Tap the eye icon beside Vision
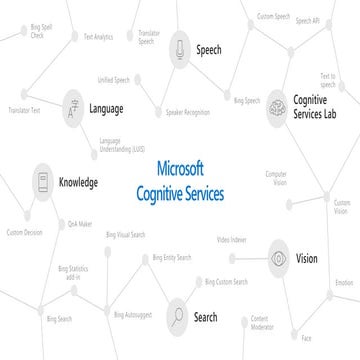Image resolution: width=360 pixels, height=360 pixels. coord(279,259)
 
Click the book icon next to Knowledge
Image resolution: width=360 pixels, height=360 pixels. coord(43,183)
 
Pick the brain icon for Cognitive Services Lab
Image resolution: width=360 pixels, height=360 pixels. coord(276,107)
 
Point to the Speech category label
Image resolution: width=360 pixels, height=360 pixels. coord(209,47)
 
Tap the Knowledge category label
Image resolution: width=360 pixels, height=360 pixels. coord(78,183)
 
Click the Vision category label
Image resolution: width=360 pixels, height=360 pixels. coord(307,259)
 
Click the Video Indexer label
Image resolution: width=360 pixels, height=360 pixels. coord(232,240)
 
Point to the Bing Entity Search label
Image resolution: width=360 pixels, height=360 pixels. coord(172,258)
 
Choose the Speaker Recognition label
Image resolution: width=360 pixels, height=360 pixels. coord(187,113)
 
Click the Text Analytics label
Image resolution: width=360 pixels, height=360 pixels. coord(99,36)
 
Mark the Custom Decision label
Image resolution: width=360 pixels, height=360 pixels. coord(25,233)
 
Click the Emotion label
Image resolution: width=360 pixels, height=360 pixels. coord(344,282)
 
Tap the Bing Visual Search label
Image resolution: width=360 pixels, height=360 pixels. coord(125,234)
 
